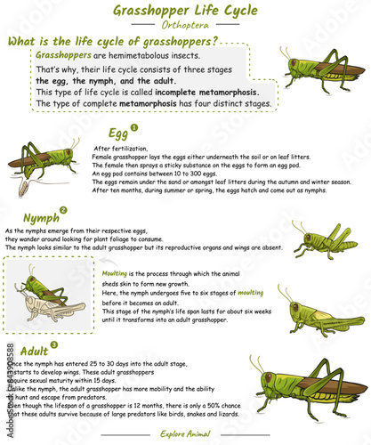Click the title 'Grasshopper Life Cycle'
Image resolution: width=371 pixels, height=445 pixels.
(185, 10)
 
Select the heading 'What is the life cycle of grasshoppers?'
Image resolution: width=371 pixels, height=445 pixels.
(112, 42)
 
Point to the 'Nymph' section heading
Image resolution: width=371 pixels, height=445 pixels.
(41, 216)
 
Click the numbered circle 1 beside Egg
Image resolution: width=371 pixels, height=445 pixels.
(134, 127)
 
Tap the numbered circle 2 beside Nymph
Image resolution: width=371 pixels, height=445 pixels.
(63, 210)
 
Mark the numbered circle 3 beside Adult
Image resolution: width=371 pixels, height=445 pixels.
(54, 344)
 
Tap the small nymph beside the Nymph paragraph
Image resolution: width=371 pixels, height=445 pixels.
(329, 239)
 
